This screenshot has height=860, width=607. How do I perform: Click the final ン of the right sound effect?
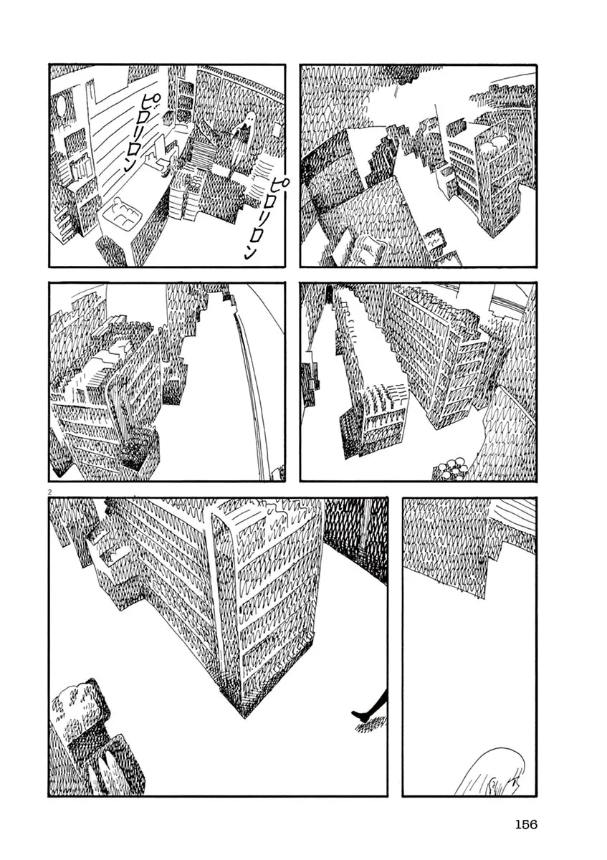[249, 252]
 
